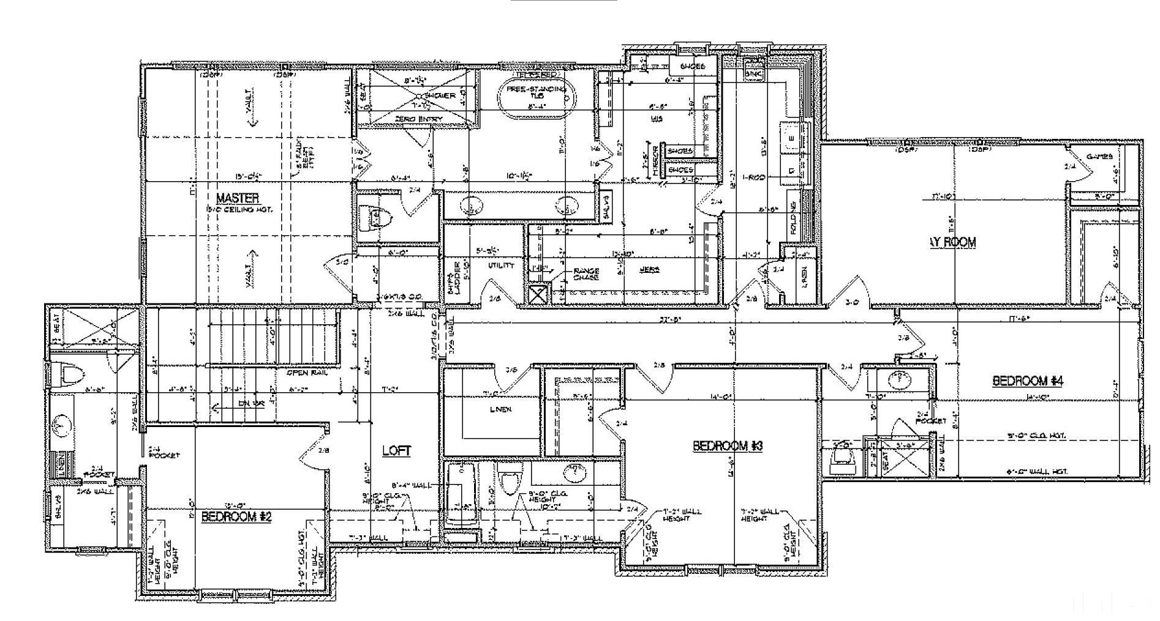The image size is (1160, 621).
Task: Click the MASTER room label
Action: coord(238,198)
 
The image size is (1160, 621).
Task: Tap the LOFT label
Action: coord(396,451)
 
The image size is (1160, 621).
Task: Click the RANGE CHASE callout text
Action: coord(586,274)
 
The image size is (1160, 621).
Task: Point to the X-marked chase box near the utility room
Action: coord(537,295)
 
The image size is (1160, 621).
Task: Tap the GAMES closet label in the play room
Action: coord(1099,157)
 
